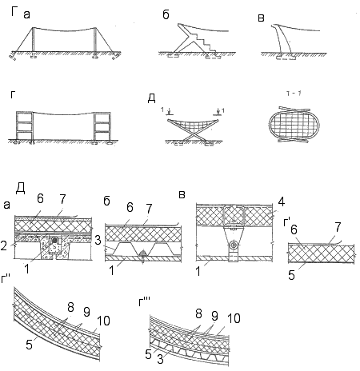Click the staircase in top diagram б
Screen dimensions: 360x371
[x=206, y=42]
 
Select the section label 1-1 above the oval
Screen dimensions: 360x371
[x=294, y=94]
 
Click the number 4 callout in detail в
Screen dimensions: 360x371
[x=281, y=202]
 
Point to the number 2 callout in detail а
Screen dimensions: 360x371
[x=4, y=245]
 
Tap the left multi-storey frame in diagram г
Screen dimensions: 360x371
[x=25, y=126]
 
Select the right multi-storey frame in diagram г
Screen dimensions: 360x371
[x=102, y=126]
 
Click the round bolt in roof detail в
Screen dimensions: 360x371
[x=234, y=244]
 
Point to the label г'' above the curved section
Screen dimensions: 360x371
[x=6, y=279]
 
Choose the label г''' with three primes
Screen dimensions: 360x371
[x=144, y=302]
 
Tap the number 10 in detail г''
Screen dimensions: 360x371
[x=103, y=321]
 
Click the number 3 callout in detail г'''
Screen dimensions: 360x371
[x=160, y=359]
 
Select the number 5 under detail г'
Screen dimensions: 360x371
[x=292, y=275]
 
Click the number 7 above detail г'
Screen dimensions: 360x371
[x=338, y=227]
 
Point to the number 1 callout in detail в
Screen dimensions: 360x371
[x=198, y=271]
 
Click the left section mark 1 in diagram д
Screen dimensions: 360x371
[x=162, y=110]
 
